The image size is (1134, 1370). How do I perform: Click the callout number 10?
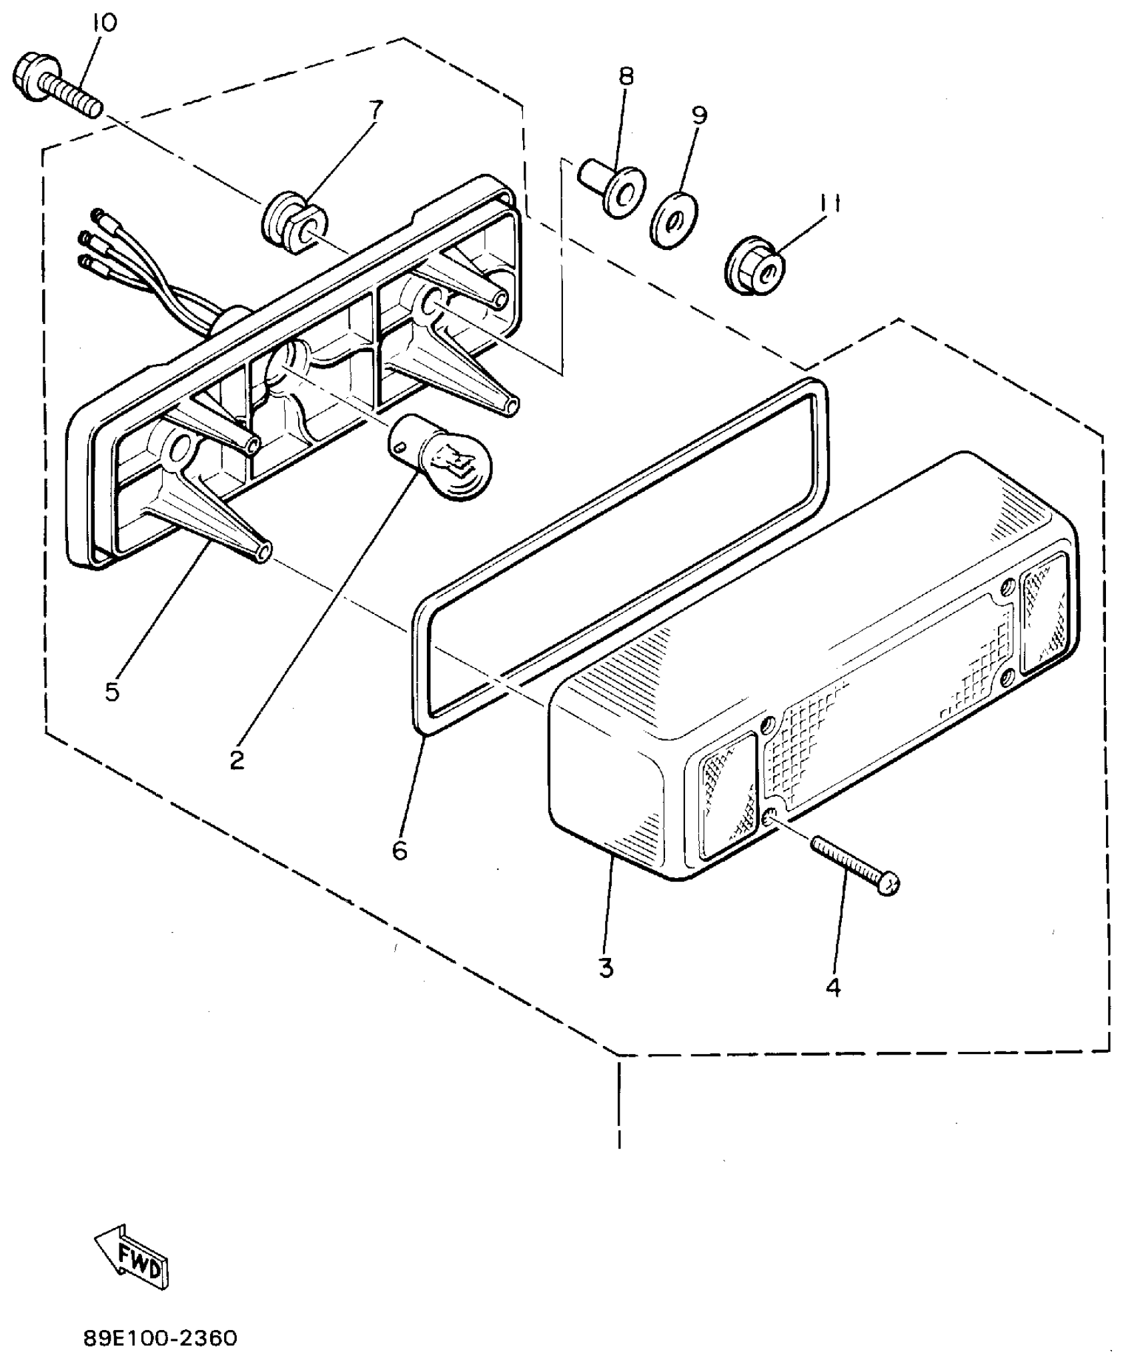tap(105, 23)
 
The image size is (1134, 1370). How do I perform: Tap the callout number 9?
tap(698, 116)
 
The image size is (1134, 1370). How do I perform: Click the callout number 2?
tap(237, 759)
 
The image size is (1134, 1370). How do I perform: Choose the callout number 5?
tap(112, 691)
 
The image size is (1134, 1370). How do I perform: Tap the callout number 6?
tap(400, 850)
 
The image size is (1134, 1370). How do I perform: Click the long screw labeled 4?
tap(855, 865)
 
